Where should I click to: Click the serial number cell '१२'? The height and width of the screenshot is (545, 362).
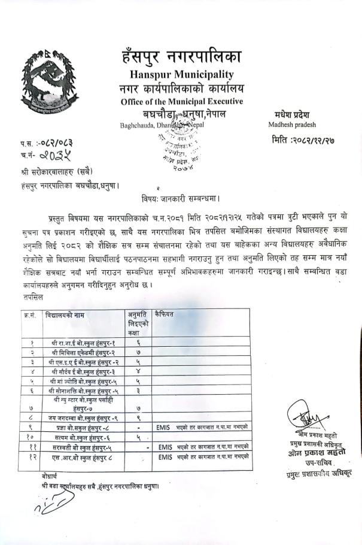(31, 457)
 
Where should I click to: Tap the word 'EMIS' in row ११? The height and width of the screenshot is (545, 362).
(165, 447)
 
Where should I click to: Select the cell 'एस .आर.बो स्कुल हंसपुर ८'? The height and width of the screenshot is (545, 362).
(84, 457)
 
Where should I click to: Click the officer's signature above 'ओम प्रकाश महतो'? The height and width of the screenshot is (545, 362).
(304, 414)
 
